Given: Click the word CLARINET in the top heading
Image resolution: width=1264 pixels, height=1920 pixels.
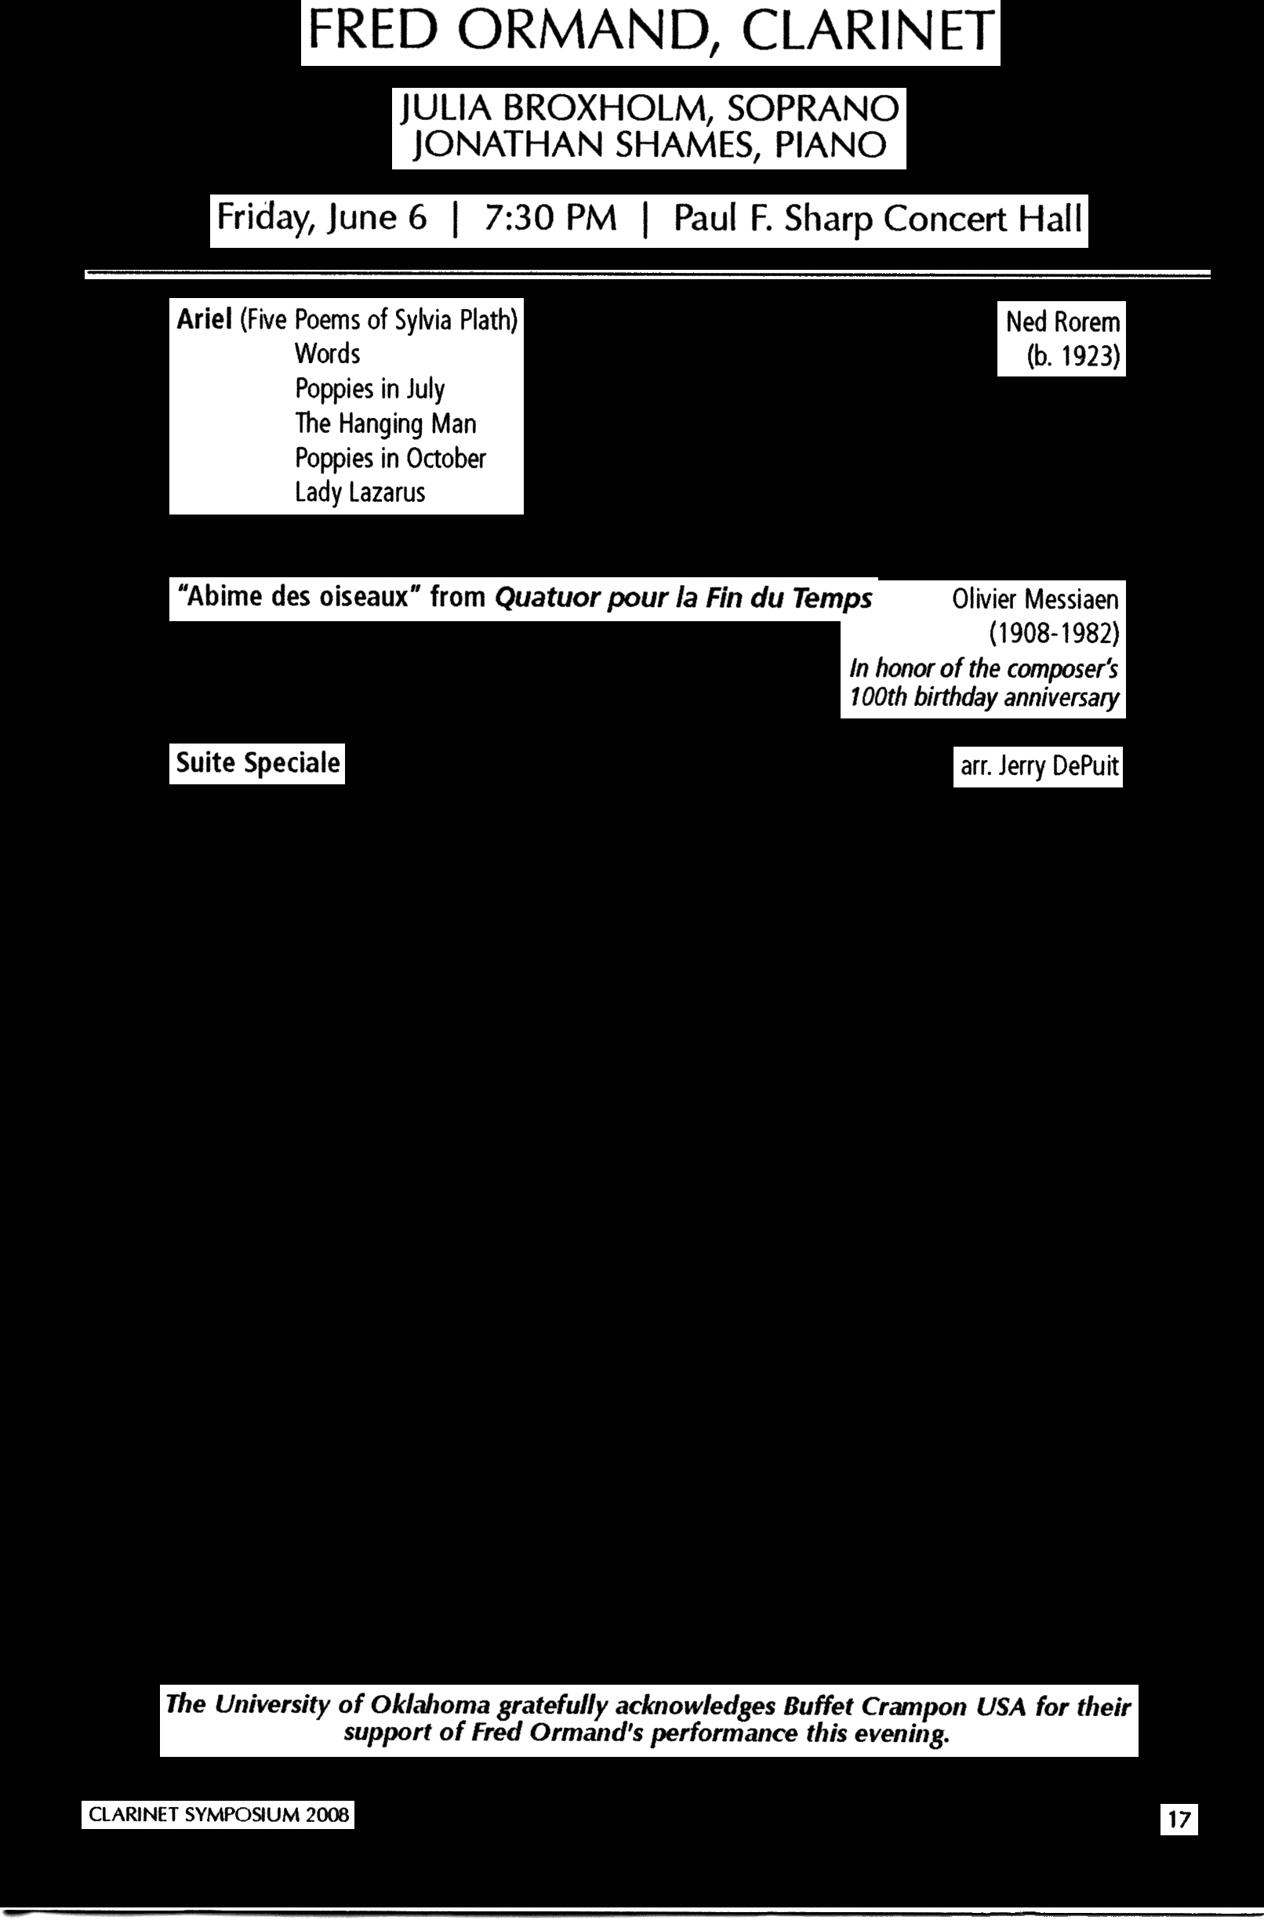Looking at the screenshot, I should point(867,32).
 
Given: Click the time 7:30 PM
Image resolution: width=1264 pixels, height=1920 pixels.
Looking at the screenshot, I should point(550,219).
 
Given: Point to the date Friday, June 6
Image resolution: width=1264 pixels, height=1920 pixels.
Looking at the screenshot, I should point(321,219).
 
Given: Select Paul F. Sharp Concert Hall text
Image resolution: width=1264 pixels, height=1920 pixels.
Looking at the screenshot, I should point(877,219).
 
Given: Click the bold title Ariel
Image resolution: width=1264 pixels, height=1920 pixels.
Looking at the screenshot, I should point(204,319).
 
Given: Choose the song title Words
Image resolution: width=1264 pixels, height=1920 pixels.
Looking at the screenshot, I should point(327,354).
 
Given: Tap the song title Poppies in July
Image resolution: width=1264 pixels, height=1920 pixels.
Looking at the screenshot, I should point(369,389).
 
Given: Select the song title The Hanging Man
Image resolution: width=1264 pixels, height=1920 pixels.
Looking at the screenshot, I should point(385,424).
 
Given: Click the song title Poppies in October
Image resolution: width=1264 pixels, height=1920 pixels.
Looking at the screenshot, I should point(390,458).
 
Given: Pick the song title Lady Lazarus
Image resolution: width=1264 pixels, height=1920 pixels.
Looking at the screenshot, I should point(359,492).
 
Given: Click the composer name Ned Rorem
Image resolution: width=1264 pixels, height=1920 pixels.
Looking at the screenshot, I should point(1062,322).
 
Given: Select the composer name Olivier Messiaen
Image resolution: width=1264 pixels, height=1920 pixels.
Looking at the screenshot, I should point(1035,599).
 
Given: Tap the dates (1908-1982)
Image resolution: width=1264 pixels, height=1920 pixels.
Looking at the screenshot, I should point(1054,634).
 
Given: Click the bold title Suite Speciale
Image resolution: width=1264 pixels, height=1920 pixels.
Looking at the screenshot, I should point(257,763).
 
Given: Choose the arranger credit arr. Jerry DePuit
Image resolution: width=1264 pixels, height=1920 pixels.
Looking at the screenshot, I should point(1039,766).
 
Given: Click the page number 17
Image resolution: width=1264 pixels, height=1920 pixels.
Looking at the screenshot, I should point(1179,1820).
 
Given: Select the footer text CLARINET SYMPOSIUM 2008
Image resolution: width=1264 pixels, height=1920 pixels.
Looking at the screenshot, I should point(218,1815).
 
